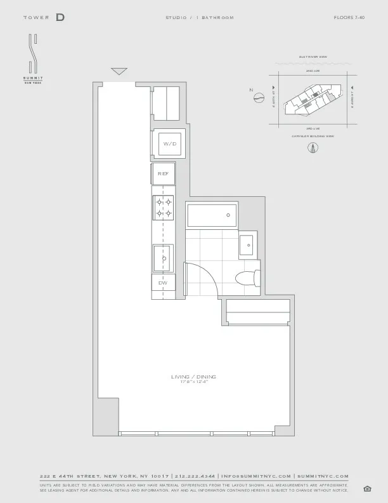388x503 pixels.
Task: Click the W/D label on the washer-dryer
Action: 169,144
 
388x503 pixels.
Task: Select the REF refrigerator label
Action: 163,173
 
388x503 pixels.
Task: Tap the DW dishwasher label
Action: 162,282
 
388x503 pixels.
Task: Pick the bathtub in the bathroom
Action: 212,216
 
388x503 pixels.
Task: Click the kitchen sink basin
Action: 163,258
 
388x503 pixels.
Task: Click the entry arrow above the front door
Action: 119,71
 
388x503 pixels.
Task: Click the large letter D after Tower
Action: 60,17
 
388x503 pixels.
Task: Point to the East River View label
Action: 312,57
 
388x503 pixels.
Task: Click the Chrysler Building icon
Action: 312,148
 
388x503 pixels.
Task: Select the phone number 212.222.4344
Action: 195,476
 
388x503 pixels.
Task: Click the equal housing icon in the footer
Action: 367,488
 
